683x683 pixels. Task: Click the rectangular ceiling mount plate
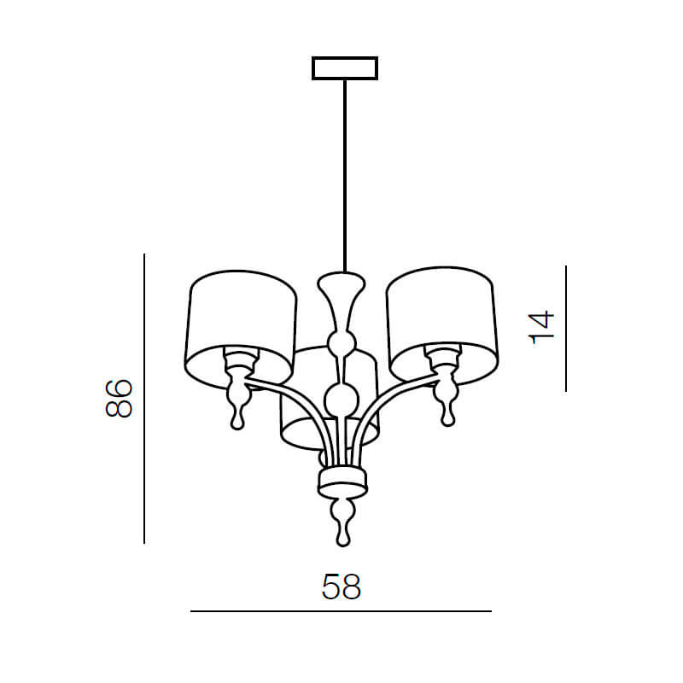click(x=345, y=68)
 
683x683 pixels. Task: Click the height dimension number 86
click(x=119, y=399)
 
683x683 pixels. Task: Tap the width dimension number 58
click(x=341, y=587)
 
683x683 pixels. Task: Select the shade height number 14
click(x=541, y=327)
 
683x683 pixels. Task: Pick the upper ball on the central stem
click(x=342, y=342)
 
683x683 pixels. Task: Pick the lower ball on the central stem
click(x=342, y=400)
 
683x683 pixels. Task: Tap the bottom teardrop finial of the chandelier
click(x=343, y=522)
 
